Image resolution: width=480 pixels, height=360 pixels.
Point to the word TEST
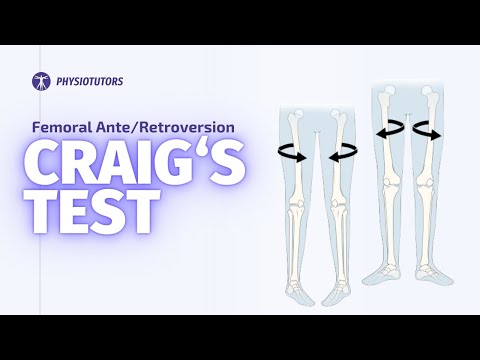click(x=91, y=212)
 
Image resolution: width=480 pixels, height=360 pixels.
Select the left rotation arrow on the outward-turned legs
click(x=390, y=131)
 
